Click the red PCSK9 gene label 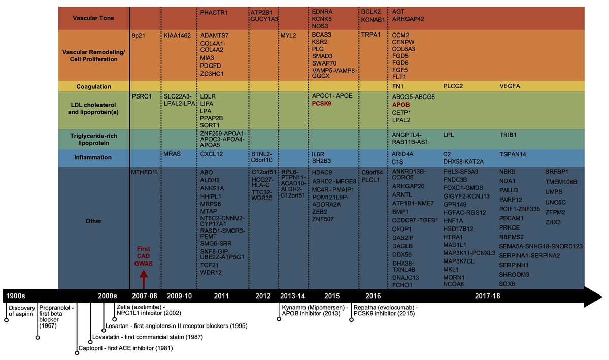coord(322,104)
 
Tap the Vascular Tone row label coord(93,18)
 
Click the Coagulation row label coord(93,86)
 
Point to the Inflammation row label coord(93,157)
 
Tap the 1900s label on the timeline coord(16,296)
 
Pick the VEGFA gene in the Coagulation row coord(510,86)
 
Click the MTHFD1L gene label coord(145,172)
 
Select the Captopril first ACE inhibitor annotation coord(126,348)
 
